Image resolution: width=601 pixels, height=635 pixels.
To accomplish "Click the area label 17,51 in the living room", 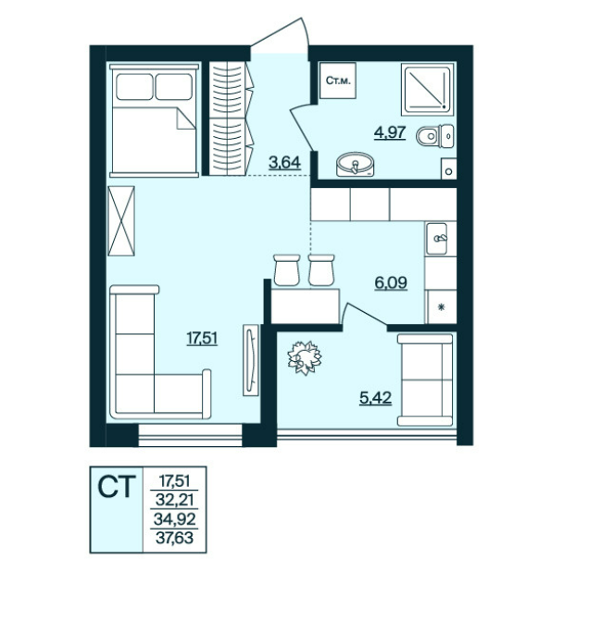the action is [202, 337].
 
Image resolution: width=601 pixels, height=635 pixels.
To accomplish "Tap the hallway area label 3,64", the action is [285, 162].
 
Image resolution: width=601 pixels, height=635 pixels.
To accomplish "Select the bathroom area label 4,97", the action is [390, 132].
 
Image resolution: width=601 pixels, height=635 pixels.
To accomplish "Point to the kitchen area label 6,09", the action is [391, 282].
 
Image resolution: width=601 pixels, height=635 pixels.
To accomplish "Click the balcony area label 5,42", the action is [376, 398].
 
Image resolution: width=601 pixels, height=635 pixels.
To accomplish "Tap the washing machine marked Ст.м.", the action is [338, 81].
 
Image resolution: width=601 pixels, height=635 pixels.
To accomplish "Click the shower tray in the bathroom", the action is [427, 89].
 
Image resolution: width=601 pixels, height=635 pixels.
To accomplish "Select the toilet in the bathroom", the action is [435, 136].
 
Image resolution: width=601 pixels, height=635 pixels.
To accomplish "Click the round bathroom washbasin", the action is [355, 164].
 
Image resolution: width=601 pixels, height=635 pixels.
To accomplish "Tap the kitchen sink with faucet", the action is [437, 239].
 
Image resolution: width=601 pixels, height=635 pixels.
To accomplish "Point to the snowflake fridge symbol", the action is [442, 307].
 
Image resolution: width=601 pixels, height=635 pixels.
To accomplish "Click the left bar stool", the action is [287, 269].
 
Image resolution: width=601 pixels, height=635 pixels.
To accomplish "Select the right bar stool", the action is [321, 269].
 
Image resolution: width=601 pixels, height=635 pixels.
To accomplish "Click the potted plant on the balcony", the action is [305, 357].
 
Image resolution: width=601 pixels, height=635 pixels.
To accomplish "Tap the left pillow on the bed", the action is [134, 87].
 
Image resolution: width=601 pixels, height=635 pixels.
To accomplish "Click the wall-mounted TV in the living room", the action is [251, 360].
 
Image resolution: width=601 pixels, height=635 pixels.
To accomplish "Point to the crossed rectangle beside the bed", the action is [121, 220].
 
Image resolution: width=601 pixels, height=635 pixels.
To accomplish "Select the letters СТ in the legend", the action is [117, 487].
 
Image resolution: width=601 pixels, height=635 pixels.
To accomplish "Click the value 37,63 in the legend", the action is [174, 538].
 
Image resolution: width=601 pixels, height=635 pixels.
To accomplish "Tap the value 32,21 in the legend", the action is [174, 500].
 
